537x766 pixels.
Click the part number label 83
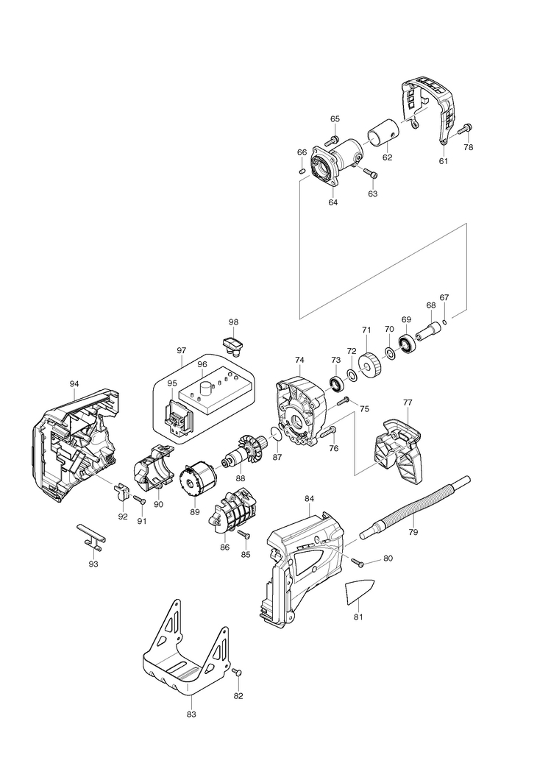[191, 714]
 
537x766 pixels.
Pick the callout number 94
[74, 384]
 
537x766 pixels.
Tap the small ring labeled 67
[446, 321]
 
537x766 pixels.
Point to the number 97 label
[182, 350]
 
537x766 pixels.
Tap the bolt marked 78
[465, 129]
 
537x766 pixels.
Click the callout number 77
[408, 402]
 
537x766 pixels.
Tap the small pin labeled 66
[302, 171]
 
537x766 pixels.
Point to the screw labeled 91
[138, 500]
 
